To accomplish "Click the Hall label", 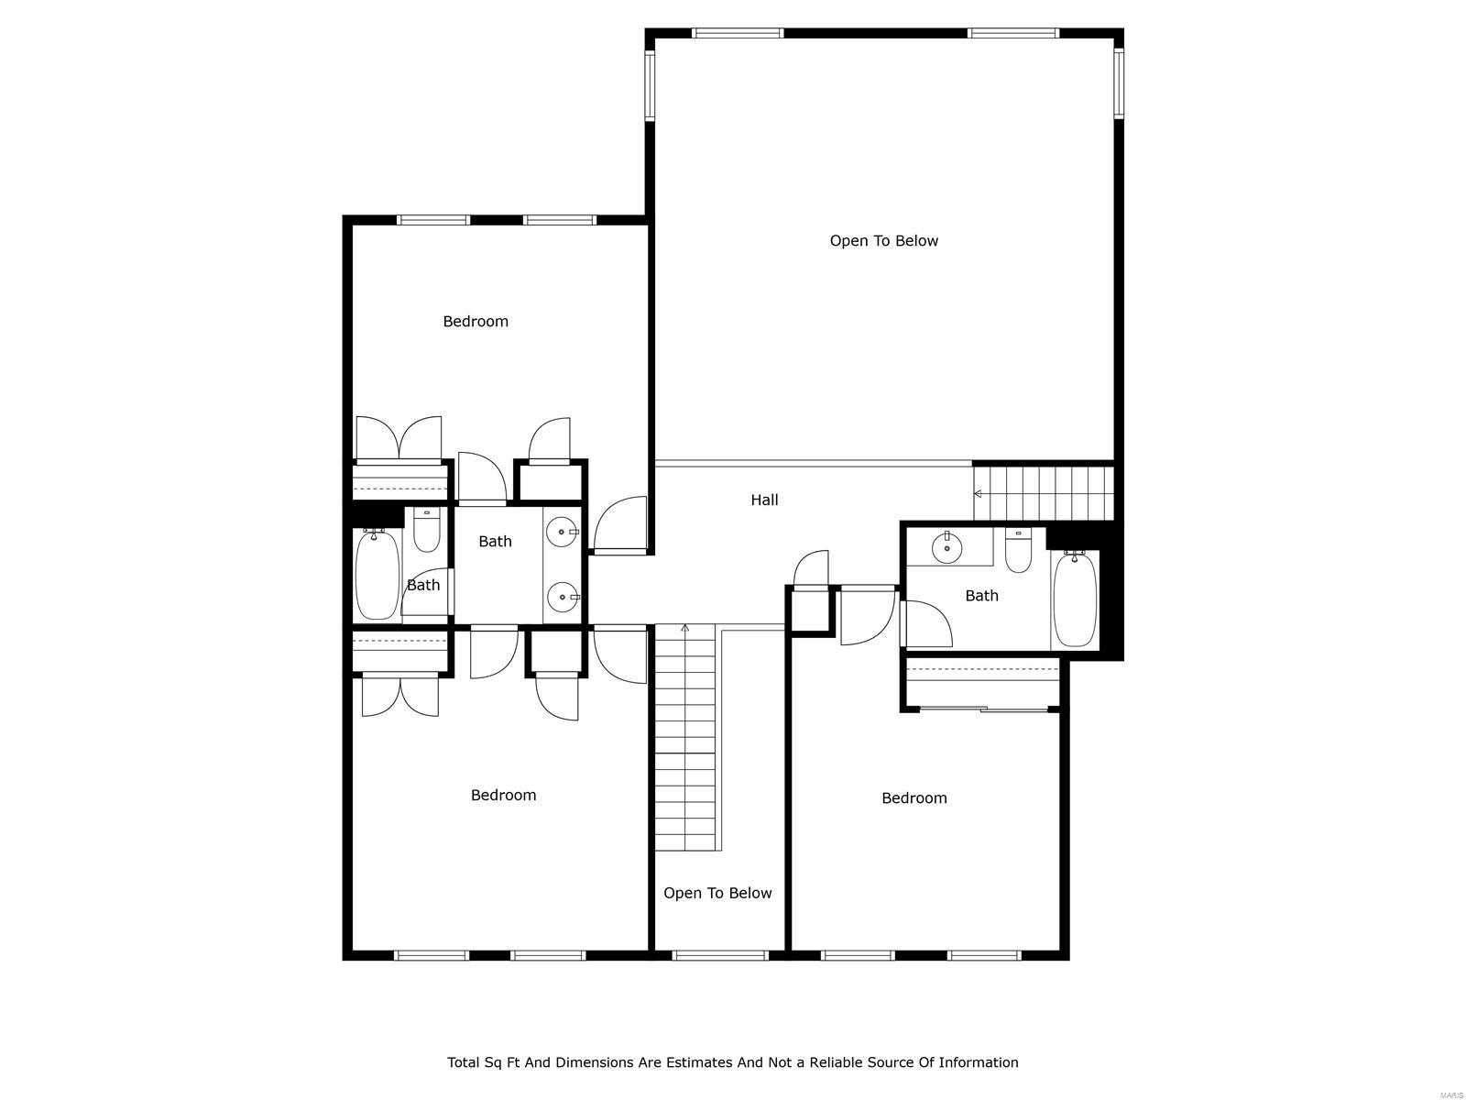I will tap(764, 500).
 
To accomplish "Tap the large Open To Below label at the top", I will tap(883, 241).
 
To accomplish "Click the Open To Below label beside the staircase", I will tap(717, 893).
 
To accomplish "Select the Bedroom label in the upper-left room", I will tap(475, 321).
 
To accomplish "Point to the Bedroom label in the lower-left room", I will tap(503, 795).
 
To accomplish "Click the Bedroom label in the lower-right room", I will tap(914, 797).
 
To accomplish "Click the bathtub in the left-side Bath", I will tap(377, 575).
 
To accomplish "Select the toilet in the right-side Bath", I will tap(1018, 549).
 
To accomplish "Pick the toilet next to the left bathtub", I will tap(426, 531).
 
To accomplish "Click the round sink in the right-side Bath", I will tap(946, 548).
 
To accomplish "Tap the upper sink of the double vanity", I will tap(561, 531).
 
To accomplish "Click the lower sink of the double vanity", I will tap(561, 598).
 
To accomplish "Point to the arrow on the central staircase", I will tap(684, 629).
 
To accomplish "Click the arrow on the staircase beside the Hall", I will tap(979, 493).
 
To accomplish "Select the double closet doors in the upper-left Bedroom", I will tap(399, 439).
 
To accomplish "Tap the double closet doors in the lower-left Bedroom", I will tap(399, 696).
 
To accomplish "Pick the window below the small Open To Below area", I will tap(720, 955).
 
